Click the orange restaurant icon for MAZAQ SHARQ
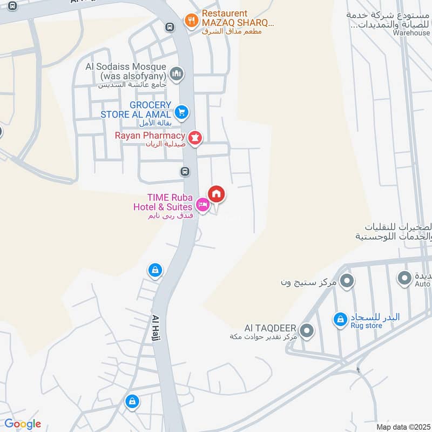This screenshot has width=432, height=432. click(x=191, y=21)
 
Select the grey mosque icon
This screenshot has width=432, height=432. click(x=176, y=73)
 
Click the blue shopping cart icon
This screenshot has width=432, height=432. click(x=182, y=112)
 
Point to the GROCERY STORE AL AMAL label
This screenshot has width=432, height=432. click(x=136, y=110)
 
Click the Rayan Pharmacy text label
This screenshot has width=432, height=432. click(x=150, y=136)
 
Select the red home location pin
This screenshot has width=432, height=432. click(x=217, y=193)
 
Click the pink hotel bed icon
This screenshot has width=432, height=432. click(x=202, y=204)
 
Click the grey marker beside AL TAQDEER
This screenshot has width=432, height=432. click(x=307, y=330)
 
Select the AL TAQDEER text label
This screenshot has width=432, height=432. click(x=270, y=328)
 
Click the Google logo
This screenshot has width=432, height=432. click(x=23, y=424)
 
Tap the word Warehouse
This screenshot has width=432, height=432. click(x=411, y=33)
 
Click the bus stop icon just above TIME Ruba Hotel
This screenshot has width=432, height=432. click(x=185, y=172)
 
